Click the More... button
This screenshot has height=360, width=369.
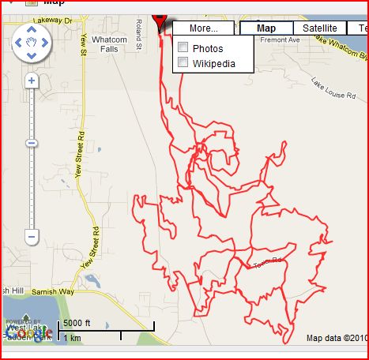[203, 28]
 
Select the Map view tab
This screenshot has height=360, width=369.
[266, 28]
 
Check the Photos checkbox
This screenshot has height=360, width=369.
[183, 48]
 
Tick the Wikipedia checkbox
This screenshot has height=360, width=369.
[183, 62]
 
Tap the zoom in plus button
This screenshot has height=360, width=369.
[32, 81]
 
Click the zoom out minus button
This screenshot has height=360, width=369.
[32, 236]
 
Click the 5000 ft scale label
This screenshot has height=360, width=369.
[78, 323]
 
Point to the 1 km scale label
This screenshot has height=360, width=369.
[72, 338]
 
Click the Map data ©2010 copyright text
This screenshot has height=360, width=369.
[336, 339]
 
